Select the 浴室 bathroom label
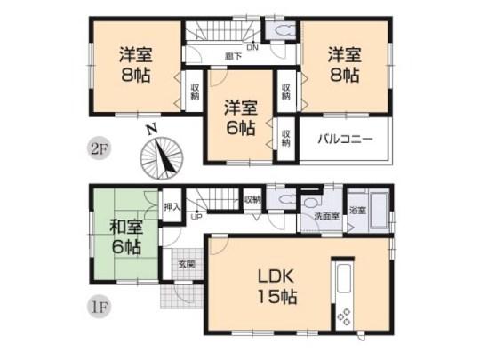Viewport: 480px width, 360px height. click(356, 212)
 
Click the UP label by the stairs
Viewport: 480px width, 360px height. click(195, 216)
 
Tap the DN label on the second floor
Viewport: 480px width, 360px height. click(252, 47)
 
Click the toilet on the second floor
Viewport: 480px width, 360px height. click(284, 32)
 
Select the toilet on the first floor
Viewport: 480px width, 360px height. click(280, 201)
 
